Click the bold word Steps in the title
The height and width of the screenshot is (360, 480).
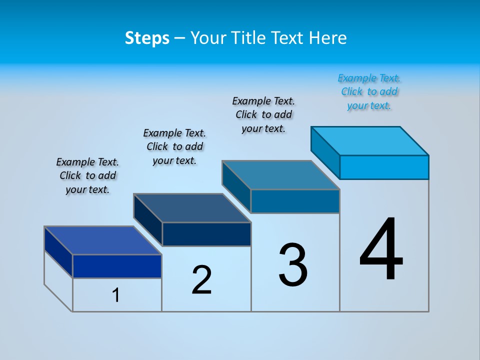147,38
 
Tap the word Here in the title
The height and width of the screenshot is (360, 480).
328,38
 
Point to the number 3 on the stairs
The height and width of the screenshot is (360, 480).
293,265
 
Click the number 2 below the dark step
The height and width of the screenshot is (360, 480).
201,280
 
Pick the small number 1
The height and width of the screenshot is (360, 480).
116,295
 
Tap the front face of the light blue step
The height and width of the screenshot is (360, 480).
384,167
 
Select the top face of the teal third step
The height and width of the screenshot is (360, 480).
281,175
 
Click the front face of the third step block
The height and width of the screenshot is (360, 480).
295,201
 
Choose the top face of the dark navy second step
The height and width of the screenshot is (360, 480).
192,208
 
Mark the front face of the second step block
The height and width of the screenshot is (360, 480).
206,234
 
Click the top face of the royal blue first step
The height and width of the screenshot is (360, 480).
103,240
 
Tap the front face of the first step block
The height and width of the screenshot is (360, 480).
117,266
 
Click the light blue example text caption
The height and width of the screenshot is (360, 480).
369,92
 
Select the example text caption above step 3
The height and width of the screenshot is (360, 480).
263,115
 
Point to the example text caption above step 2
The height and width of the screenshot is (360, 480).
174,146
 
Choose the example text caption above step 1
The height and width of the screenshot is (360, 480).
87,175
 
